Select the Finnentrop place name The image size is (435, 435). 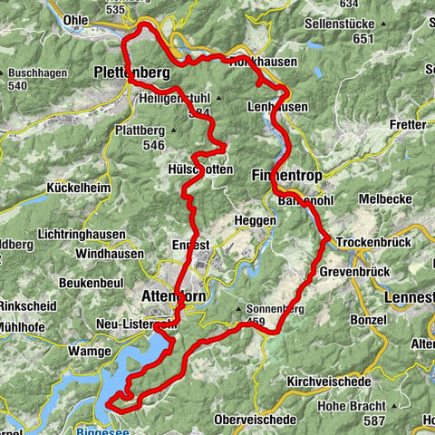281,172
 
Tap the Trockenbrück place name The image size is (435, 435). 372,243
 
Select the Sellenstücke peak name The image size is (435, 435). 364,25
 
